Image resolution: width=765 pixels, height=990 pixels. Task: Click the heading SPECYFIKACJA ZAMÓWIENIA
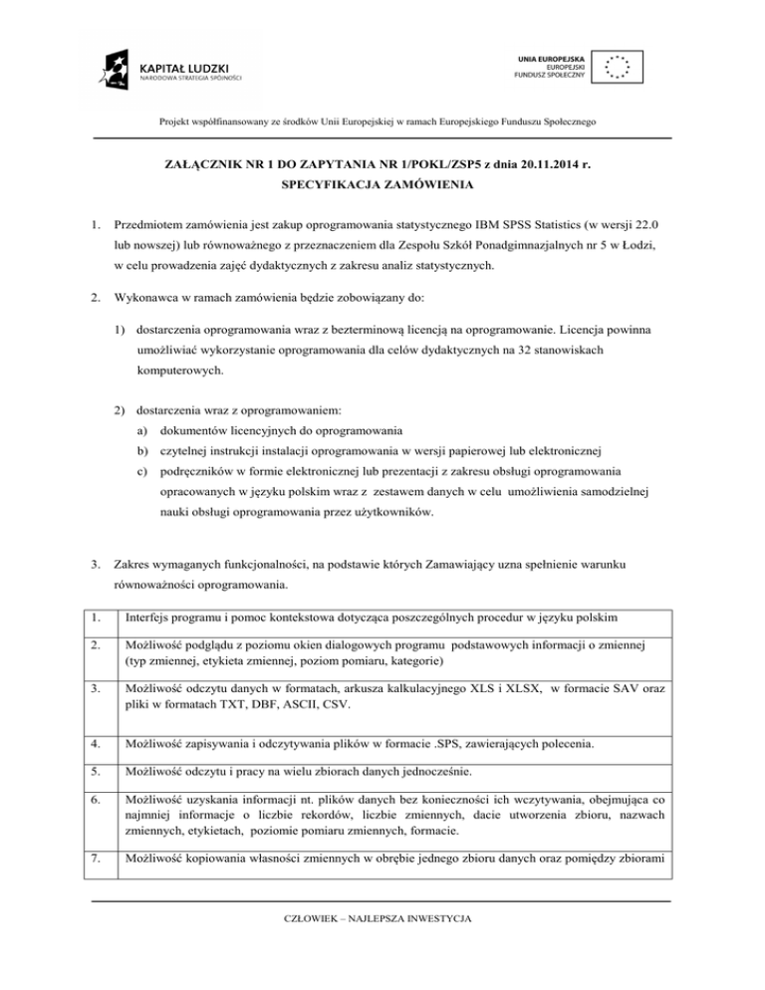pyautogui.click(x=382, y=184)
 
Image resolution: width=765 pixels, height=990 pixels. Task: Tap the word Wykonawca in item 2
pyautogui.click(x=149, y=296)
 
